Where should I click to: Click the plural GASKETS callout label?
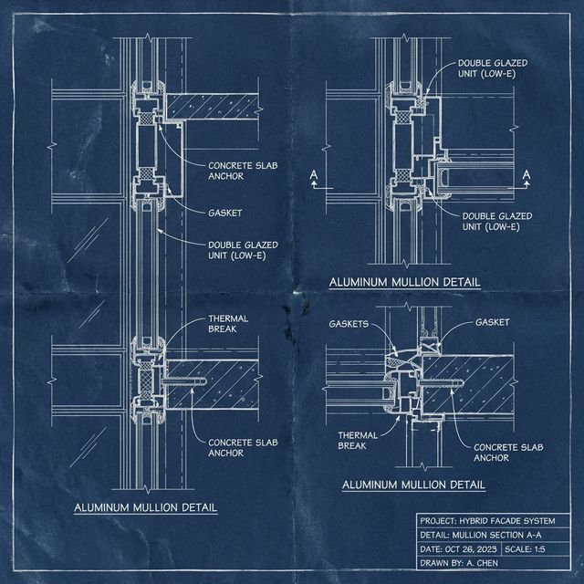coord(349,323)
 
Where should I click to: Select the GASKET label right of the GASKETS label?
coord(493,322)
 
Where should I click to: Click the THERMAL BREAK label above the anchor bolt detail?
coord(227,324)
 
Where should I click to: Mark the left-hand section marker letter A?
coord(314,172)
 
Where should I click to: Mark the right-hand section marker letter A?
coord(526,172)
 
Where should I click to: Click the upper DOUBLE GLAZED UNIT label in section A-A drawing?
coord(494,68)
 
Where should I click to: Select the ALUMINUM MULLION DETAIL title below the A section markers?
coord(404,283)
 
